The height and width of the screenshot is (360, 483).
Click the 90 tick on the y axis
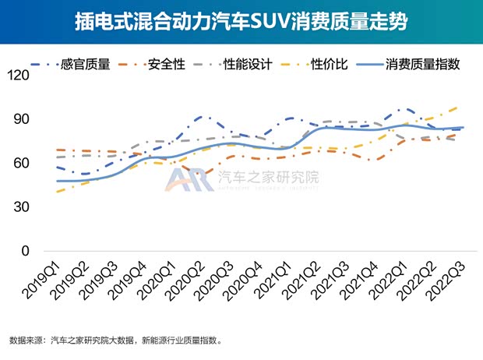point(20,119)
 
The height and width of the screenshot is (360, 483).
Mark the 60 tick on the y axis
point(20,163)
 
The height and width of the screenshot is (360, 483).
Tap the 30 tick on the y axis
point(20,207)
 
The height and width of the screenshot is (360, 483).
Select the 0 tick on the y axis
point(23,251)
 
